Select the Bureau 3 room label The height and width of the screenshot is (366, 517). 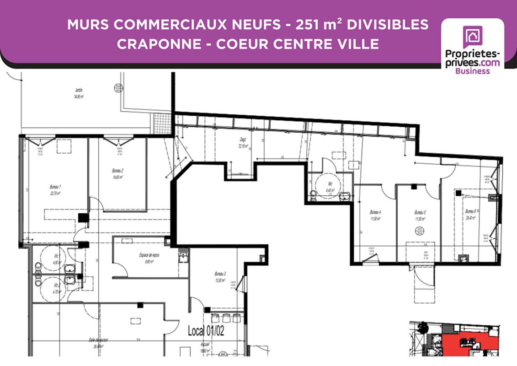click(220, 274)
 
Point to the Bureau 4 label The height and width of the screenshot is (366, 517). click(375, 212)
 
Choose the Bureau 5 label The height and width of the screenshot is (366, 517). click(420, 212)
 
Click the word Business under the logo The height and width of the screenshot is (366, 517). click(472, 71)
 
